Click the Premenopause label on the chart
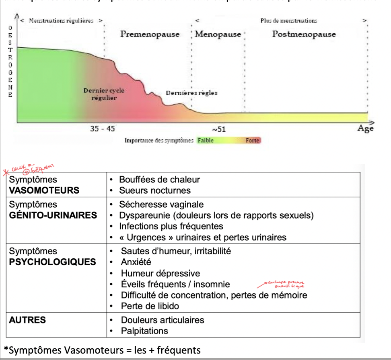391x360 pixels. tap(150, 34)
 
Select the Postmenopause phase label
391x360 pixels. tap(304, 34)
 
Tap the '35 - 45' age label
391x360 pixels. tap(102, 129)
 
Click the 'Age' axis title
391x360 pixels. tap(365, 129)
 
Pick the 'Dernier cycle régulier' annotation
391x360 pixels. tap(104, 94)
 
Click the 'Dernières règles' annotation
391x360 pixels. tap(191, 93)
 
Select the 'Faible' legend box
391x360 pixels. tap(206, 141)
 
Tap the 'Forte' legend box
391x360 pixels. tap(253, 141)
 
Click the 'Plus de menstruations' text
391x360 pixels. tap(288, 20)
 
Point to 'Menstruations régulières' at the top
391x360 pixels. tap(61, 20)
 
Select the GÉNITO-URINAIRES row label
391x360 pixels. tap(53, 215)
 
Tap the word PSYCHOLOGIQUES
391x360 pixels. tap(53, 262)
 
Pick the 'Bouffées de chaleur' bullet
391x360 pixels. tap(159, 180)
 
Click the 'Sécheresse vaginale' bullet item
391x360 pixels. tap(161, 205)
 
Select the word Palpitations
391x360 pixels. tap(144, 331)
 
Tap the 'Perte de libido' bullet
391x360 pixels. tap(150, 306)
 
